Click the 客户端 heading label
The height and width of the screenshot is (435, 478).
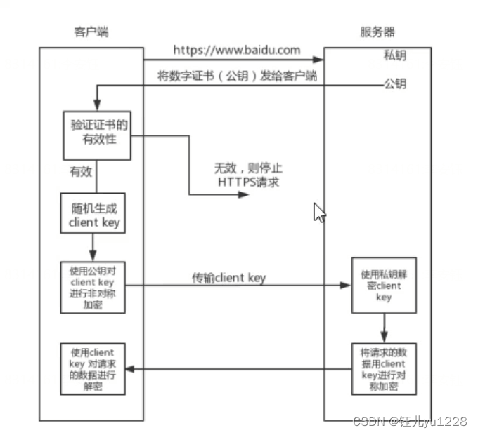(x=91, y=32)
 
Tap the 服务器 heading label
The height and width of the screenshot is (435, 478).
(x=377, y=32)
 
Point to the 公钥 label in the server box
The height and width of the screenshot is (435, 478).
(x=394, y=83)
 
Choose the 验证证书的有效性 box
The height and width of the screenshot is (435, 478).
(x=98, y=133)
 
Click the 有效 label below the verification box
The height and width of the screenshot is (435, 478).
(x=79, y=170)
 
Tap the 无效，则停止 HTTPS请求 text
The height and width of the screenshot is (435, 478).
(x=248, y=175)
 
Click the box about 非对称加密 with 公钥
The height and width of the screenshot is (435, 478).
(x=93, y=287)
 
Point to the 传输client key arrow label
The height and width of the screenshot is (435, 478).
(x=229, y=278)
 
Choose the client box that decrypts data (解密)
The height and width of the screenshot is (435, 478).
(x=93, y=370)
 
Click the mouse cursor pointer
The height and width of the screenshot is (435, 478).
(x=318, y=212)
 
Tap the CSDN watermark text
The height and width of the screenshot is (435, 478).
(x=409, y=421)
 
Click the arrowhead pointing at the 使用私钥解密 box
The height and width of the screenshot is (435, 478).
(x=345, y=286)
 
